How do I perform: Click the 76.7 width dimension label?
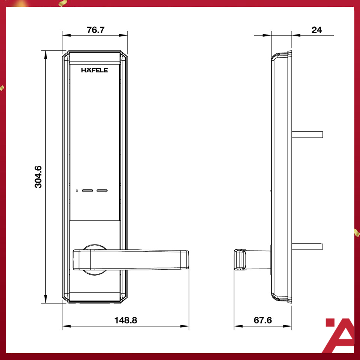coord(96,30)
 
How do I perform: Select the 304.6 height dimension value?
coord(38,177)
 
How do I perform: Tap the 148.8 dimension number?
coord(126,320)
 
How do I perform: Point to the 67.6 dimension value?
coord(262,320)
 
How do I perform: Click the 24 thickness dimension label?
coord(316,30)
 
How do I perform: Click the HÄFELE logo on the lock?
coord(94,70)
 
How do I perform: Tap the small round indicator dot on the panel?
coord(77,190)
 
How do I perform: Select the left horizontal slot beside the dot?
coord(88,190)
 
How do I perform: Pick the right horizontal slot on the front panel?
coord(102,190)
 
